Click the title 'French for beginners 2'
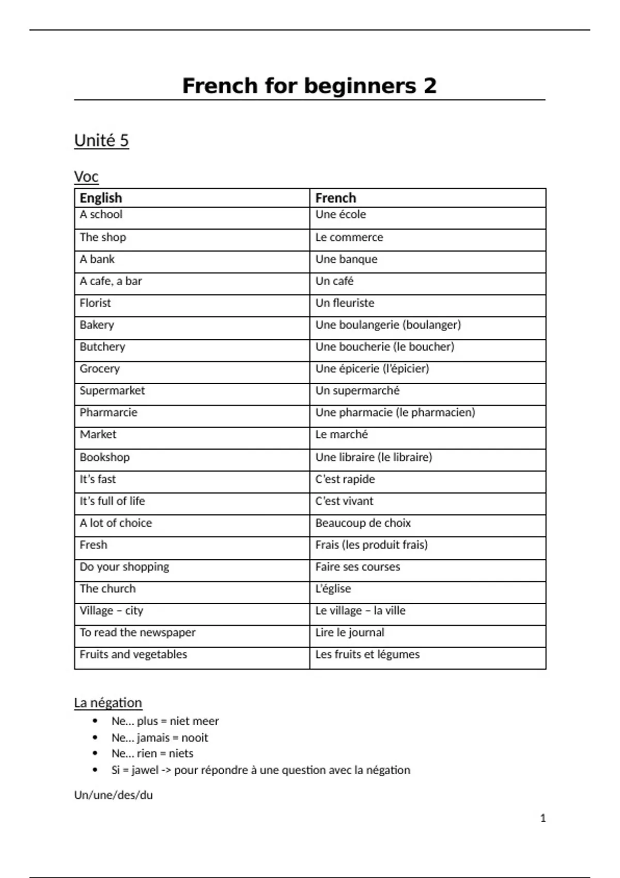click(x=309, y=86)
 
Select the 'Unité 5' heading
click(x=101, y=140)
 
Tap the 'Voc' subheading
click(x=86, y=177)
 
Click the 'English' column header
click(x=101, y=198)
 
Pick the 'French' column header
click(x=335, y=198)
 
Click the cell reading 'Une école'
click(x=340, y=214)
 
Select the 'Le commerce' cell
click(x=349, y=237)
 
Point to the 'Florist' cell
click(x=95, y=303)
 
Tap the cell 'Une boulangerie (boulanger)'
click(x=388, y=325)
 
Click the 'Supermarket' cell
click(x=112, y=390)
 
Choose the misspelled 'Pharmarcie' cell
click(x=109, y=412)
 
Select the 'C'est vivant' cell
click(x=344, y=501)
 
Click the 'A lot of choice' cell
click(x=116, y=523)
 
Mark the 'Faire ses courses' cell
click(x=358, y=567)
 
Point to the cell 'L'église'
click(x=333, y=589)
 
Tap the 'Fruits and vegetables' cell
click(x=133, y=654)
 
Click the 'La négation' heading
click(x=108, y=703)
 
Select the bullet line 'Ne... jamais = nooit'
click(x=160, y=738)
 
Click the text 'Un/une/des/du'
click(x=114, y=795)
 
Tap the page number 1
click(x=542, y=818)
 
